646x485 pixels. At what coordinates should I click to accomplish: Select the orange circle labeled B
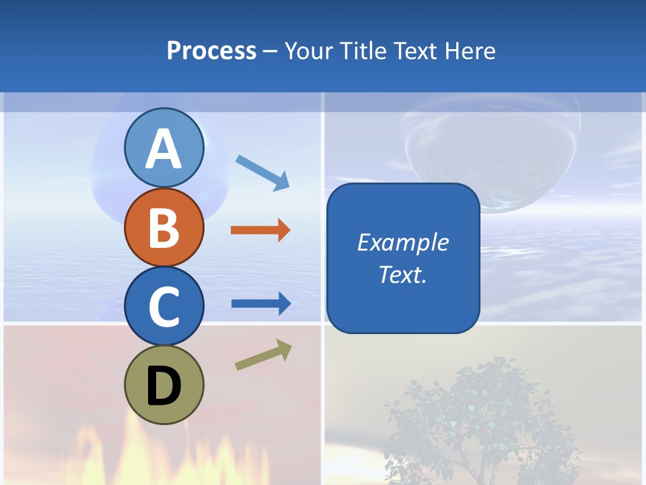click(x=164, y=227)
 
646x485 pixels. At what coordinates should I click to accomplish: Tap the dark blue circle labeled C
click(x=164, y=306)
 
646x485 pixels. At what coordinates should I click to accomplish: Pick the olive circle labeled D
click(x=164, y=385)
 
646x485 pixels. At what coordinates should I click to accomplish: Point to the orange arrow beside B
click(x=260, y=230)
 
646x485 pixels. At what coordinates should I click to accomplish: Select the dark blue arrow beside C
click(x=261, y=304)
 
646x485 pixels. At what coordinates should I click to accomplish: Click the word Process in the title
click(x=211, y=51)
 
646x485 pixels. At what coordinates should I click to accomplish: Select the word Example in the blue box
click(x=402, y=243)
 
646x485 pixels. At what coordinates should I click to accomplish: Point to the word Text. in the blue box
click(x=402, y=274)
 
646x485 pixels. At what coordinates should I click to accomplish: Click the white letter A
click(x=164, y=149)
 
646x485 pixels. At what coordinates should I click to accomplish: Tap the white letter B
click(x=164, y=228)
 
